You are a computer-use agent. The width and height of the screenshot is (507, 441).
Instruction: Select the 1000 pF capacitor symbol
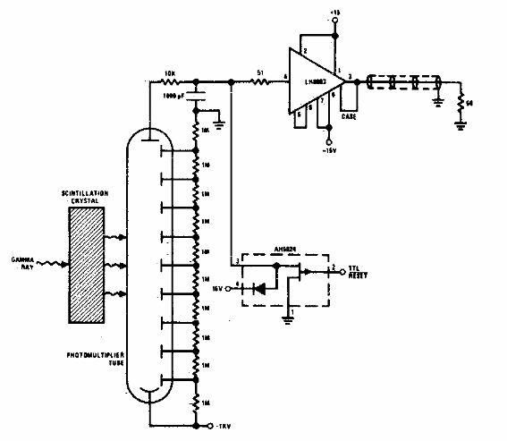(197, 96)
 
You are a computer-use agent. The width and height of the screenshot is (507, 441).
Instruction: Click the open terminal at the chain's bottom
(207, 422)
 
